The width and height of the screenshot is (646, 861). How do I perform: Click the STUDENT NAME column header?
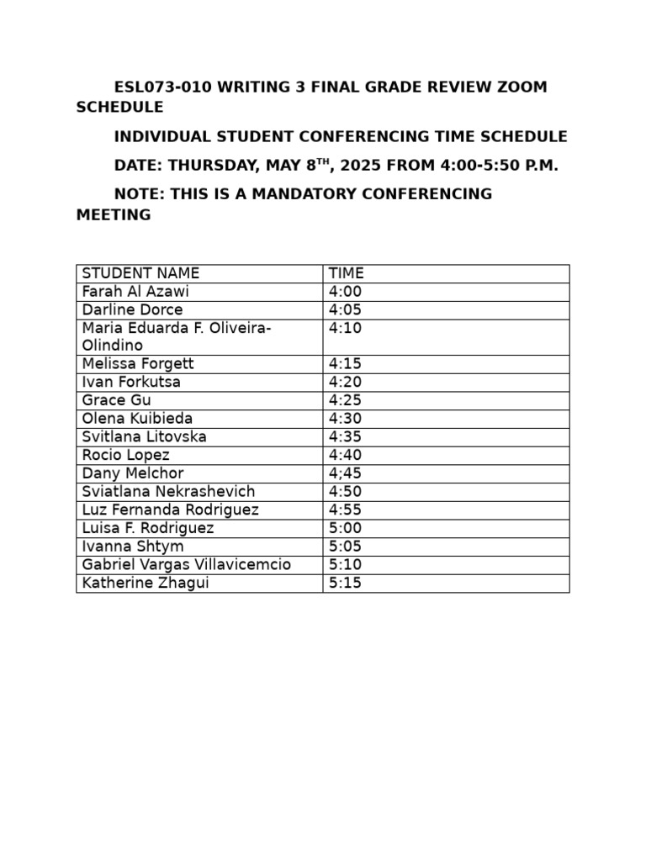140,273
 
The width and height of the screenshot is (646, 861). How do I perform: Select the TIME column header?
346,273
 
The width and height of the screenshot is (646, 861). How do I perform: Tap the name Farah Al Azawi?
135,292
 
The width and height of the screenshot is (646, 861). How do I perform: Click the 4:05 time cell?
345,310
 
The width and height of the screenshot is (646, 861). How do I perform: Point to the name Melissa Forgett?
138,364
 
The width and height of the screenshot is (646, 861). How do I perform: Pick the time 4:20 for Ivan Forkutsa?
345,383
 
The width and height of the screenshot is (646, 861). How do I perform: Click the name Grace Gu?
116,401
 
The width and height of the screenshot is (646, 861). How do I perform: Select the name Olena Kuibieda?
137,419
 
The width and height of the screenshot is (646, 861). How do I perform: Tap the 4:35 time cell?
345,437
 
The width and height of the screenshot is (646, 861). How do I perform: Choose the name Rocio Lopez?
125,456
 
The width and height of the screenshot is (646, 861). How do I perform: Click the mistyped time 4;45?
345,473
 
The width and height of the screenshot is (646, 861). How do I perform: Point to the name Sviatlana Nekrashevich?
168,492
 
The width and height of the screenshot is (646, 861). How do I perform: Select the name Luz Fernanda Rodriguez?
170,510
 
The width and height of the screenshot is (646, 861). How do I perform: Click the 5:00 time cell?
345,528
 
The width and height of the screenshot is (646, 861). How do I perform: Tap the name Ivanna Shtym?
133,547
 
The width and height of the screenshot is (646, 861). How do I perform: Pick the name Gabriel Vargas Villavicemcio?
186,565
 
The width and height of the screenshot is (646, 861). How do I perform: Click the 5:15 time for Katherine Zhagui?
345,583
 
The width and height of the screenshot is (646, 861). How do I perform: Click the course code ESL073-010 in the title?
158,87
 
